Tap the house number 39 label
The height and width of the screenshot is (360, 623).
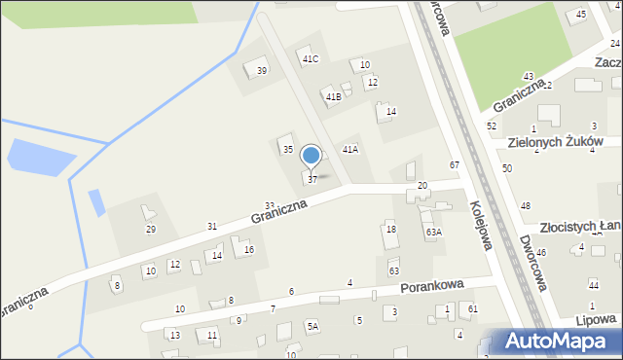point(261,71)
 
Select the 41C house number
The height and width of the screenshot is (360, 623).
point(311,59)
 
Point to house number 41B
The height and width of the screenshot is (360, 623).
point(333,97)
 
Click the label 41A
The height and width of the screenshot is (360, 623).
point(349,149)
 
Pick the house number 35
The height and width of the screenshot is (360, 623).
point(287,149)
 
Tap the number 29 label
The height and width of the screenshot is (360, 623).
point(150,230)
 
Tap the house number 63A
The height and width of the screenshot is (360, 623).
point(433,233)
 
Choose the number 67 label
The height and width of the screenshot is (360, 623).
point(455,164)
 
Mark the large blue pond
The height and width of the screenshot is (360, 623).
point(40,158)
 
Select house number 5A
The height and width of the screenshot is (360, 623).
point(312,327)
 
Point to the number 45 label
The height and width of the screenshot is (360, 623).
point(581,14)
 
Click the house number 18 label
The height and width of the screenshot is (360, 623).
point(390,229)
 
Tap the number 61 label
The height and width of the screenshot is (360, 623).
point(472,308)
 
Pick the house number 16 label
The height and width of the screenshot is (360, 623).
point(248,250)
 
